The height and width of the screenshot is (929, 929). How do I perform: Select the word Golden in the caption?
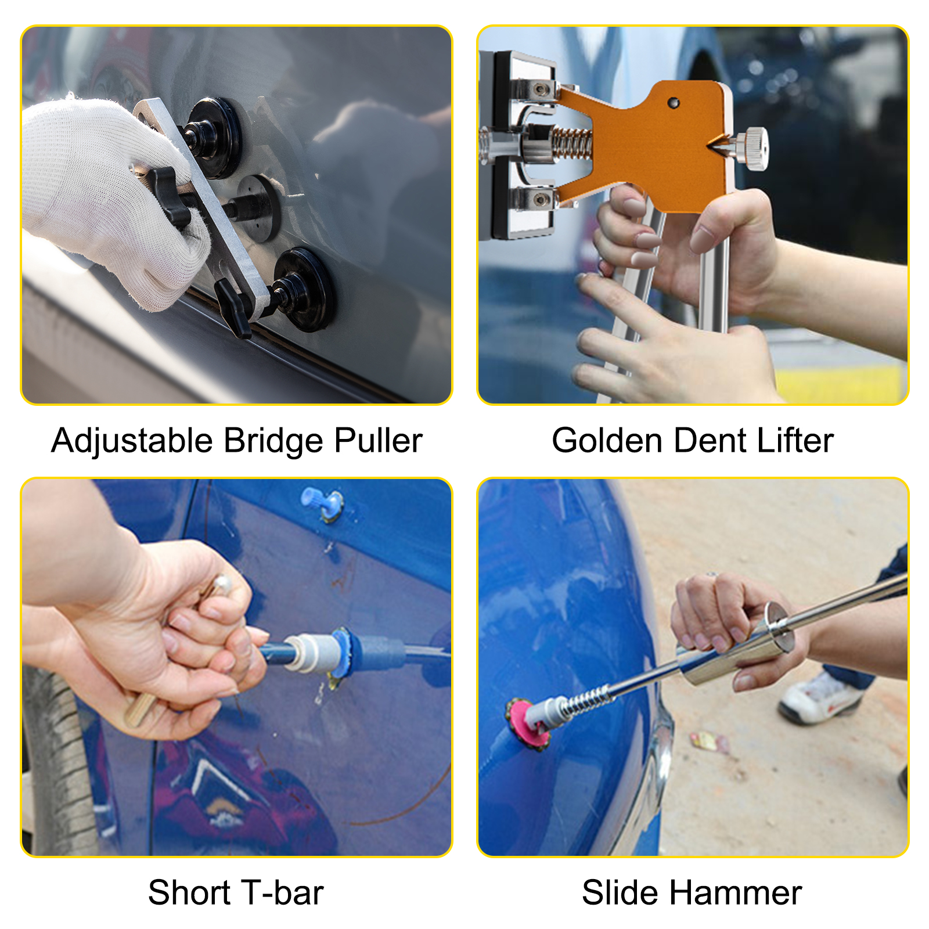click(x=606, y=441)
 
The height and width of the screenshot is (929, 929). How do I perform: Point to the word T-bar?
click(x=282, y=893)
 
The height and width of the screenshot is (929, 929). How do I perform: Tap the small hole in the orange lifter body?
click(x=673, y=103)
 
